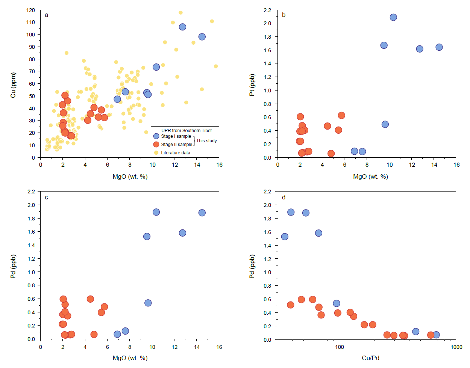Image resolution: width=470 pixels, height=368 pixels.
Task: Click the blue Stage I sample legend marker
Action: (156, 136)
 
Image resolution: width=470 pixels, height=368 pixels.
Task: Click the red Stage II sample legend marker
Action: (156, 144)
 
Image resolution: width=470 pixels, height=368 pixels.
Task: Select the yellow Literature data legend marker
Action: (156, 153)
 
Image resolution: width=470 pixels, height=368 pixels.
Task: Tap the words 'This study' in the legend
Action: (206, 140)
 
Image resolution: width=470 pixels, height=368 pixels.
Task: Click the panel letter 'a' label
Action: (46, 15)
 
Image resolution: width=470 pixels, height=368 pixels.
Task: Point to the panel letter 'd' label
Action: (284, 197)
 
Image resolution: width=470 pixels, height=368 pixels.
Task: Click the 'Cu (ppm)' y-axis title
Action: (13, 85)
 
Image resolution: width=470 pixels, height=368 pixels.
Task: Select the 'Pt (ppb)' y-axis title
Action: (252, 85)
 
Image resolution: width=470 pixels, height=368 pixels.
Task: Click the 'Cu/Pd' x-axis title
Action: (370, 358)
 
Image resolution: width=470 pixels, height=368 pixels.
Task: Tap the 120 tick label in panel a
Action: (30, 10)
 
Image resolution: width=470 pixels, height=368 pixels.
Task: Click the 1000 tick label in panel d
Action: (456, 347)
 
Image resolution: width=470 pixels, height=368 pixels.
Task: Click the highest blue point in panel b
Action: (393, 17)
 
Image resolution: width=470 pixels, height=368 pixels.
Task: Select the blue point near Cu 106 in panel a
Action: (183, 27)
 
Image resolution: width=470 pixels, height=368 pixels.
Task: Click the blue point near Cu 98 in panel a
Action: (202, 37)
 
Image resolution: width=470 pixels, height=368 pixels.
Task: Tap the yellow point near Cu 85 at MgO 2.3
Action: (67, 53)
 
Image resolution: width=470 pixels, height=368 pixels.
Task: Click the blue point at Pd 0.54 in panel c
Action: (148, 303)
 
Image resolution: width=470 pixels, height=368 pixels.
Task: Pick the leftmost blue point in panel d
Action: (285, 237)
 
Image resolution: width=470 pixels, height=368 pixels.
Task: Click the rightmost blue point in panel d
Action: (436, 335)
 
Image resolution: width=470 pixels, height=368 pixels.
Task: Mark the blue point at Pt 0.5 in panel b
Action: (385, 124)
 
